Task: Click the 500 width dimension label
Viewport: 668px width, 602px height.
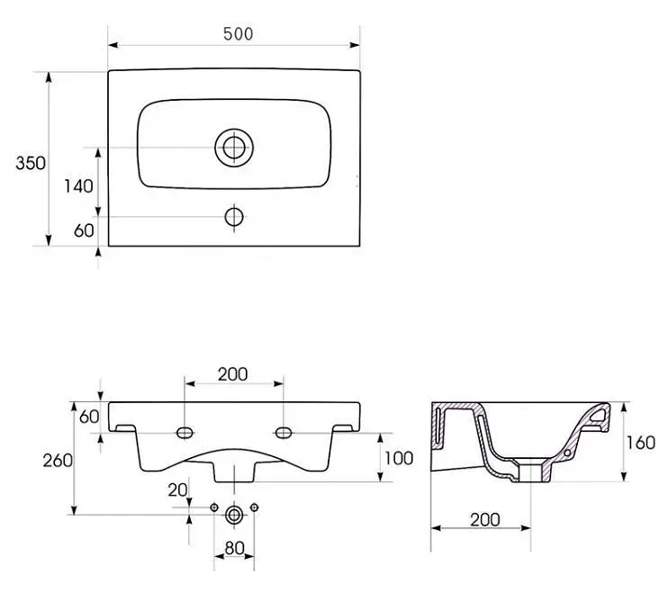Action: pyautogui.click(x=239, y=34)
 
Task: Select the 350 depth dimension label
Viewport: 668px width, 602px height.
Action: pyautogui.click(x=31, y=163)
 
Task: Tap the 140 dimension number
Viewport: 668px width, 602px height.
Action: pyautogui.click(x=79, y=186)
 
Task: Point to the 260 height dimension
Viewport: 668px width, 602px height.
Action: pyautogui.click(x=58, y=460)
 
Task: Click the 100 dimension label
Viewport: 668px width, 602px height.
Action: pyautogui.click(x=399, y=458)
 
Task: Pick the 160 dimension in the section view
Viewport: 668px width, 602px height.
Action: pyautogui.click(x=640, y=443)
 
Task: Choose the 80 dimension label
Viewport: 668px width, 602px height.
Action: pyautogui.click(x=234, y=548)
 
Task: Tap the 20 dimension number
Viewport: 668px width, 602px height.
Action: pyautogui.click(x=177, y=490)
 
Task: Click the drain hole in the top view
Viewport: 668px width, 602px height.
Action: pyautogui.click(x=234, y=148)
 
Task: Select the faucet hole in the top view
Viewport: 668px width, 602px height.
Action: pyautogui.click(x=234, y=217)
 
